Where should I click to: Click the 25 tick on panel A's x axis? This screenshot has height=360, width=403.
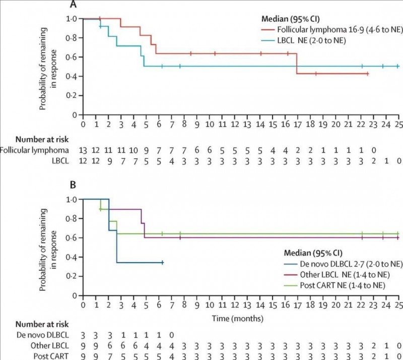pyautogui.click(x=397, y=124)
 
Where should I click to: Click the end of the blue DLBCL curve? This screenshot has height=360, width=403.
pyautogui.click(x=163, y=263)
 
